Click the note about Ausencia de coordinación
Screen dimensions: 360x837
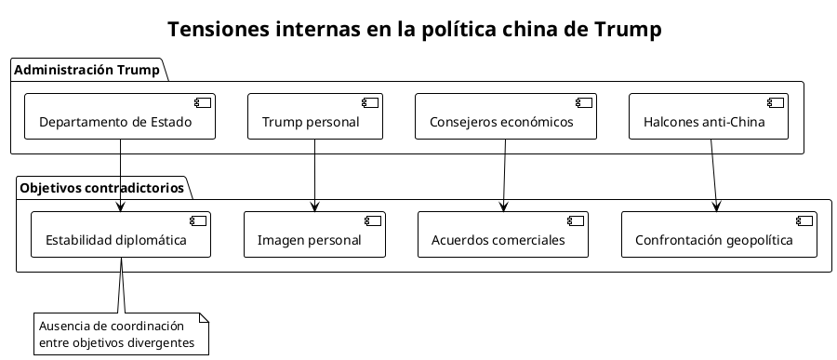click(x=121, y=335)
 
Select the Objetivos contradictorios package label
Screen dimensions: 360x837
click(x=102, y=188)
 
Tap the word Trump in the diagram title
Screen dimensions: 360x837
click(x=626, y=30)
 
